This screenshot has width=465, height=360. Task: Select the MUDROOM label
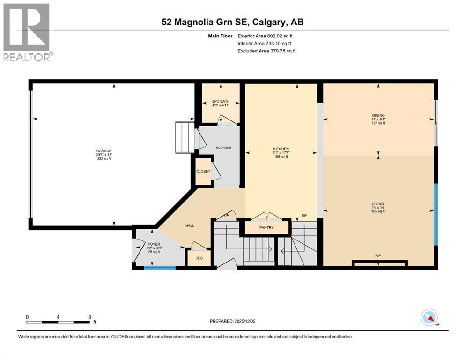tap(223, 147)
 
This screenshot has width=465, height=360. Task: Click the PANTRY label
tap(266, 228)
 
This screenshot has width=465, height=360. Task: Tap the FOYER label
tap(154, 244)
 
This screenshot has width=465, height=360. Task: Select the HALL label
tap(190, 225)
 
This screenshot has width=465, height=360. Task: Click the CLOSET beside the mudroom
tap(203, 172)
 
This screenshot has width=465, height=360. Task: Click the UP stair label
tap(303, 216)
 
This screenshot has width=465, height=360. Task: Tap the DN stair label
tap(226, 215)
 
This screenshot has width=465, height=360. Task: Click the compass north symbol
tap(429, 318)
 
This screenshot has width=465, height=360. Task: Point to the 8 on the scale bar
tap(90, 317)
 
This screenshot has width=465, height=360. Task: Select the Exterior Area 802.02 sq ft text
tap(266, 36)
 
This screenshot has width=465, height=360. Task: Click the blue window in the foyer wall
tap(159, 268)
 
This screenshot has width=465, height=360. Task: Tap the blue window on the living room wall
tap(435, 214)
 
